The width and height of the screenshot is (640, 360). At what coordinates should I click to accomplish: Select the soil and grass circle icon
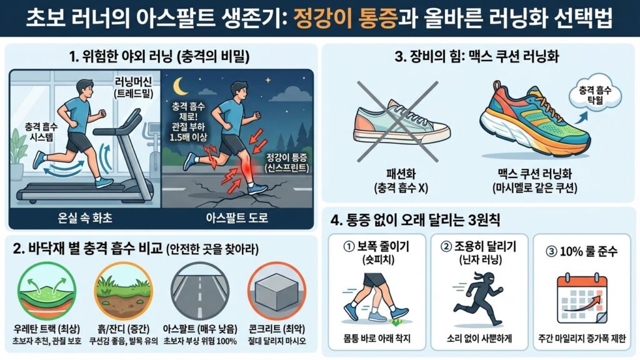[122, 294]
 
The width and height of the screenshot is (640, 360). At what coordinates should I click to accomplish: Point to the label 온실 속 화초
[84, 216]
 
